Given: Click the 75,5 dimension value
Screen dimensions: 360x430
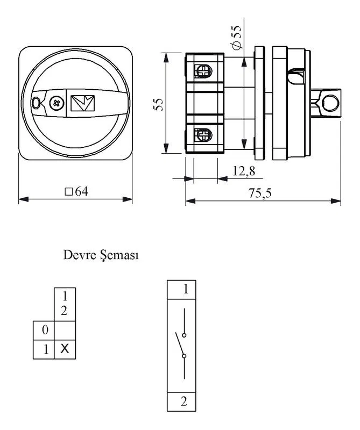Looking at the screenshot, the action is pyautogui.click(x=260, y=193).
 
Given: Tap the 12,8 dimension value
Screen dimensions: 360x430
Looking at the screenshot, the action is pyautogui.click(x=244, y=171).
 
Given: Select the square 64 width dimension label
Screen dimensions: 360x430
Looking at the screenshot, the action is pyautogui.click(x=76, y=191).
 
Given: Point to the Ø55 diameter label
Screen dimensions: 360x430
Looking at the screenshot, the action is pyautogui.click(x=236, y=37).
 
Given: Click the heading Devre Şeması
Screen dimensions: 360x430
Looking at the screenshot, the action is pyautogui.click(x=101, y=255).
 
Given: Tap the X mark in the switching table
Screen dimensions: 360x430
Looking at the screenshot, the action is pyautogui.click(x=65, y=349).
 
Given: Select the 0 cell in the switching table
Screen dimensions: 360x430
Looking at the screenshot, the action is pyautogui.click(x=44, y=331).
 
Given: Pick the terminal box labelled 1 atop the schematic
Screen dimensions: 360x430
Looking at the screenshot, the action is pyautogui.click(x=181, y=290).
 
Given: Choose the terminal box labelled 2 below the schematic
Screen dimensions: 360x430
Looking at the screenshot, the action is pyautogui.click(x=181, y=402).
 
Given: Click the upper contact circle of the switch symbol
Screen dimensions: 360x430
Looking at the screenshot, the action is pyautogui.click(x=184, y=335).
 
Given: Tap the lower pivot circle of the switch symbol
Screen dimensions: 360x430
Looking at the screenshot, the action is pyautogui.click(x=184, y=356).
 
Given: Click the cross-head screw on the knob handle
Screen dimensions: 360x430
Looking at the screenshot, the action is pyautogui.click(x=57, y=103).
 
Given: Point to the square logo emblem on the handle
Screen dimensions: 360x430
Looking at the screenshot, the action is pyautogui.click(x=83, y=103).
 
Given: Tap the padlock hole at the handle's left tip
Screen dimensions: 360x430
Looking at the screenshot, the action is pyautogui.click(x=36, y=103).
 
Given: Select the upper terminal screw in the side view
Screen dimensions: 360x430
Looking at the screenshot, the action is pyautogui.click(x=203, y=71).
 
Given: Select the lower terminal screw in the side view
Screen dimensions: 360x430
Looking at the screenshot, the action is pyautogui.click(x=203, y=135).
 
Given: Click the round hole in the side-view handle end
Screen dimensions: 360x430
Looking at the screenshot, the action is pyautogui.click(x=330, y=103).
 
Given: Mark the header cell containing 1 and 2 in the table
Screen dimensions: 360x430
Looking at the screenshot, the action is pyautogui.click(x=65, y=304).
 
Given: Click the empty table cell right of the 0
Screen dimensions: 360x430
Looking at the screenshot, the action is pyautogui.click(x=65, y=331).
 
